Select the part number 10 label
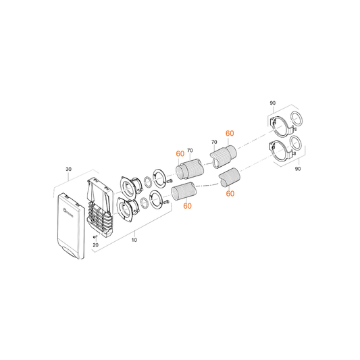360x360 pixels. point(134,240)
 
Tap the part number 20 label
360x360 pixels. point(95,245)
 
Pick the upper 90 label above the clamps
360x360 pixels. point(272,103)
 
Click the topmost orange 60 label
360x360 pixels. point(230,133)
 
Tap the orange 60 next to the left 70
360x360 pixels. point(180,153)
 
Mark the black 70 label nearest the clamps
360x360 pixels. point(213,143)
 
